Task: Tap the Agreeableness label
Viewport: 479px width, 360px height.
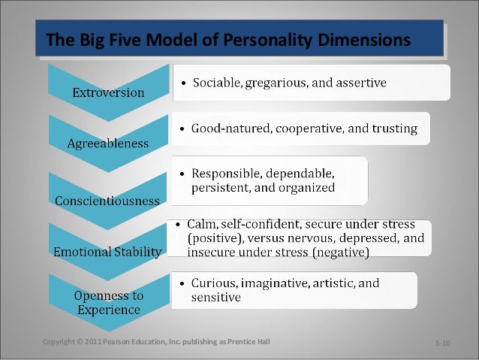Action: pyautogui.click(x=107, y=143)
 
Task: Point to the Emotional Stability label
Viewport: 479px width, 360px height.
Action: pyautogui.click(x=107, y=252)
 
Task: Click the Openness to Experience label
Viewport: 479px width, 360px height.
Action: pyautogui.click(x=109, y=302)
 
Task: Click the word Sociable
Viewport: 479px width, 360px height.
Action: pyautogui.click(x=216, y=83)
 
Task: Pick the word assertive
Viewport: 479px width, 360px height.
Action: pyautogui.click(x=358, y=83)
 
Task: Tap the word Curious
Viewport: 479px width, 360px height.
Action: pyautogui.click(x=212, y=283)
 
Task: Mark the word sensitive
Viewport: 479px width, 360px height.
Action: pyautogui.click(x=215, y=298)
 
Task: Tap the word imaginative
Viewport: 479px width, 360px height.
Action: pyautogui.click(x=279, y=283)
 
